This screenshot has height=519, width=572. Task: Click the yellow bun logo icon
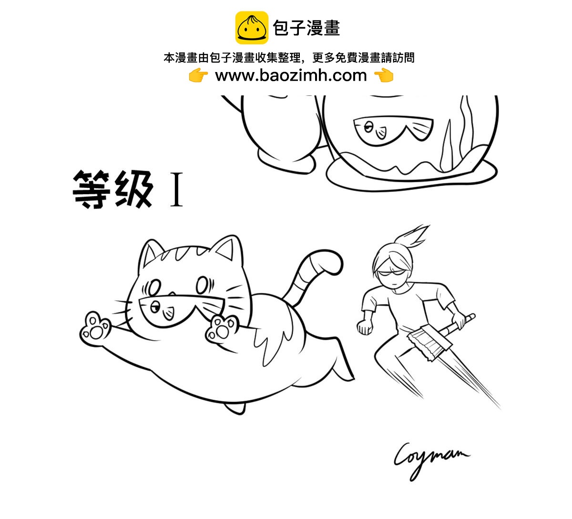pos(252,28)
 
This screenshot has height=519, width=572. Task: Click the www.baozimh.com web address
pos(291,75)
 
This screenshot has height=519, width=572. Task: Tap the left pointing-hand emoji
pos(198,75)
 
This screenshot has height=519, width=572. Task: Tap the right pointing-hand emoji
pos(384,75)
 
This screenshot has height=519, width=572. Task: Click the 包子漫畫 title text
pos(306,28)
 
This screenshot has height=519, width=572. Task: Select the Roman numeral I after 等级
pos(176,190)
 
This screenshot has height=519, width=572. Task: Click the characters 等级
pos(112,189)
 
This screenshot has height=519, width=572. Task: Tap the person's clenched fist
pos(365,327)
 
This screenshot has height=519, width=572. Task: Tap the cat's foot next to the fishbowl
pos(286,160)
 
